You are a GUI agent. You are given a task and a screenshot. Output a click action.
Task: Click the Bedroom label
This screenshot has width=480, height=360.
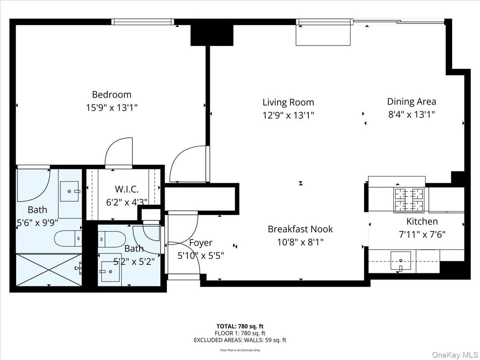tap(112, 95)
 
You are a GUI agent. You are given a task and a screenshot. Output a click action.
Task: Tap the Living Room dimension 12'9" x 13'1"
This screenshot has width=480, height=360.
tap(288, 115)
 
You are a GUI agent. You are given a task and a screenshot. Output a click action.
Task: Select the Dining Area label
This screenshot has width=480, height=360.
tap(412, 102)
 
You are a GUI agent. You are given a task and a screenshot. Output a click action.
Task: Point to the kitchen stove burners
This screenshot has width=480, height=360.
tap(409, 200)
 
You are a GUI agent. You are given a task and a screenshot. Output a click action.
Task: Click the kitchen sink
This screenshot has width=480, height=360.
tap(401, 261)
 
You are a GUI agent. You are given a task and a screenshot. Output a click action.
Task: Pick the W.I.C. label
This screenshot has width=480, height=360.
tap(127, 189)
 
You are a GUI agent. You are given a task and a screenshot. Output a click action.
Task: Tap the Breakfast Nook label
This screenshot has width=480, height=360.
tap(300, 229)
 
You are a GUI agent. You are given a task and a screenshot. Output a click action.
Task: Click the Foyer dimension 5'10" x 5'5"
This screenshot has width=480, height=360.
tap(201, 256)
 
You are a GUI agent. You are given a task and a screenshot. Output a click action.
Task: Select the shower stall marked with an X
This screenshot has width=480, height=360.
tap(49, 270)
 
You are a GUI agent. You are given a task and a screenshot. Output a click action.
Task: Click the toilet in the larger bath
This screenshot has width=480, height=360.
tap(68, 238)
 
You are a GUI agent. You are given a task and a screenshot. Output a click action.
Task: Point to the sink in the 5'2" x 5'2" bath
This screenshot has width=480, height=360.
tap(110, 272)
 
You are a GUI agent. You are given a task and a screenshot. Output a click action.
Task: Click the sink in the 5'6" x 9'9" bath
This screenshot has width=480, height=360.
tap(70, 191)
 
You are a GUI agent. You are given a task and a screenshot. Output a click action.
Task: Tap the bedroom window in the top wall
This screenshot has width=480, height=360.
tap(142, 22)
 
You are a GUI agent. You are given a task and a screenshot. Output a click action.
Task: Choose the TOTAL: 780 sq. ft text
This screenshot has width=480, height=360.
tap(240, 326)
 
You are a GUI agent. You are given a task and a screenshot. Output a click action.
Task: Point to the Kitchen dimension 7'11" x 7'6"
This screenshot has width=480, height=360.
tap(422, 235)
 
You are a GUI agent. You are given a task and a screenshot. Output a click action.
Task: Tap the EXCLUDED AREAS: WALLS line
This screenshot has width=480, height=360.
tap(240, 340)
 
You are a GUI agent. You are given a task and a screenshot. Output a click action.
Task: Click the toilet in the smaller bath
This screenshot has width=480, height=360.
tap(112, 239)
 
